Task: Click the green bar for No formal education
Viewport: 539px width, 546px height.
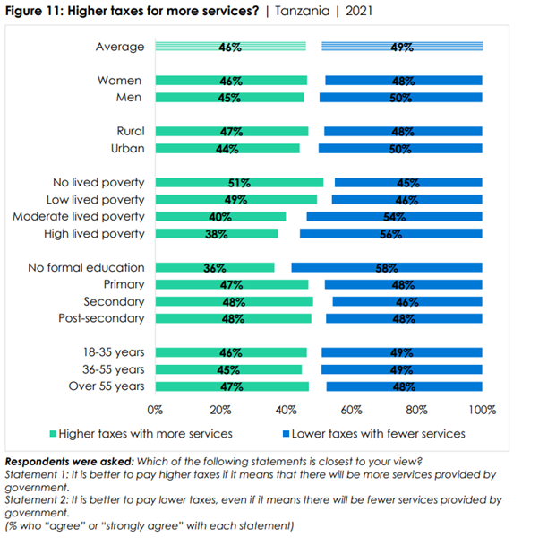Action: coord(215,267)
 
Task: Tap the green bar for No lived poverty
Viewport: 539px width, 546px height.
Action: coord(239,183)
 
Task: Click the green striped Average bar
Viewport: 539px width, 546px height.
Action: coord(230,47)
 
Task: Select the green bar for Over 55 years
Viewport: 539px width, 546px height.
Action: coord(232,386)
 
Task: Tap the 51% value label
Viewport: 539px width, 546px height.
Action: coord(239,183)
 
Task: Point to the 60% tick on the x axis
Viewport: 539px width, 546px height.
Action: coord(351,410)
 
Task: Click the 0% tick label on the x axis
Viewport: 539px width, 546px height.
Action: coord(155,410)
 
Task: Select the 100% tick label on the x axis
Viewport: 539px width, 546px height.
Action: coord(482,410)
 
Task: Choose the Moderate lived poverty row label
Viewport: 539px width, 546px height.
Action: coord(78,217)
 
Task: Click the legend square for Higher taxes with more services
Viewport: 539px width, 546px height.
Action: coord(52,434)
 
